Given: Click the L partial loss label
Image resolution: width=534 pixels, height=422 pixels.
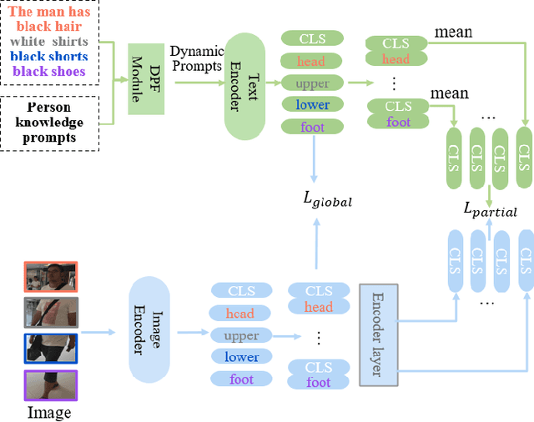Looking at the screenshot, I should (490, 210).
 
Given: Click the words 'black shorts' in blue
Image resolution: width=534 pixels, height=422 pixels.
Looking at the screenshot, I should (50, 57).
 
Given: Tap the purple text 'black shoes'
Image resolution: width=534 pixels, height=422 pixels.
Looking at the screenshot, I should (50, 71).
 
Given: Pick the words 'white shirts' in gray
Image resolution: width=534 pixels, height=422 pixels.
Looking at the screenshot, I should (50, 42).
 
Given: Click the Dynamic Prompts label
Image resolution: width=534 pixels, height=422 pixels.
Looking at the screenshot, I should (197, 58).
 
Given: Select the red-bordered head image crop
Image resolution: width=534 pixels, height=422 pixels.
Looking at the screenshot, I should (51, 277).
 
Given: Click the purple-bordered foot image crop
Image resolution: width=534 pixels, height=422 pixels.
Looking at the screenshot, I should (51, 386).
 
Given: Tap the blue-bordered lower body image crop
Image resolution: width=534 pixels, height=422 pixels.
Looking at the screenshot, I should (51, 350).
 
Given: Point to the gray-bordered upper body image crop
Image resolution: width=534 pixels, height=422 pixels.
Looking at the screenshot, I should (51, 314).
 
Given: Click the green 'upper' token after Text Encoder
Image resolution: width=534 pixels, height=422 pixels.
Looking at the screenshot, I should (311, 83).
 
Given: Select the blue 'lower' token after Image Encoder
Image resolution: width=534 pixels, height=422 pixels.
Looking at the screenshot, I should (241, 357).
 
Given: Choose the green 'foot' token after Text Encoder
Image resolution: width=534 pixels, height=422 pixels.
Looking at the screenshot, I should (311, 127).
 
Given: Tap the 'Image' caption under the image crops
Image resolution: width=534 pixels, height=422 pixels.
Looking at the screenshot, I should (49, 413).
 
